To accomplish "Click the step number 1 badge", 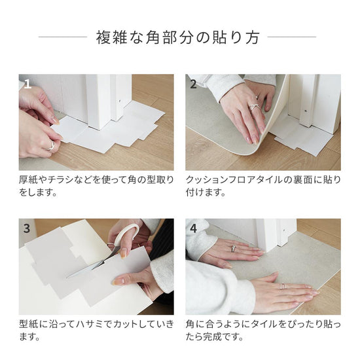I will [x=27, y=84].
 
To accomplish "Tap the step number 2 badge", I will [x=194, y=84].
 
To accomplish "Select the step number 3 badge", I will [x=27, y=229].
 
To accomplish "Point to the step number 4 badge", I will [x=194, y=229].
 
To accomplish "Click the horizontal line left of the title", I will [x=62, y=37].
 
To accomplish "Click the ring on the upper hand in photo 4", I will [x=232, y=248].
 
